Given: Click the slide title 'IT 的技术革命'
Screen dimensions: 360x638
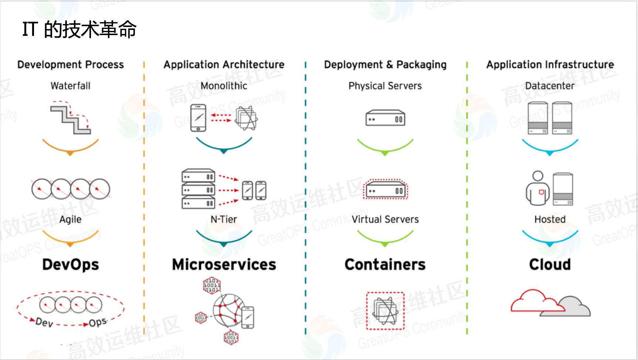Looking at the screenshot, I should click(79, 30).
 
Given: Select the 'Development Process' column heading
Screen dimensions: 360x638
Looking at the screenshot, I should click(71, 65).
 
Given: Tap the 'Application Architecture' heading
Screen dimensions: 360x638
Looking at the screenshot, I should click(224, 65).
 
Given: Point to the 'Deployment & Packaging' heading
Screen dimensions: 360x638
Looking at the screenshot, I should click(385, 65).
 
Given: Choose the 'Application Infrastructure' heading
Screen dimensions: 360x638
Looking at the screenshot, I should click(550, 65).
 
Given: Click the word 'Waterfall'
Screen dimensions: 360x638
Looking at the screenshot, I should click(71, 86).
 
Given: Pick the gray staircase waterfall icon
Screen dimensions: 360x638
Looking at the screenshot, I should click(70, 119).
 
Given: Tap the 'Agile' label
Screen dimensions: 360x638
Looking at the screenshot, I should click(71, 219).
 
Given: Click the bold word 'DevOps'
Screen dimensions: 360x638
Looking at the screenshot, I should click(71, 265).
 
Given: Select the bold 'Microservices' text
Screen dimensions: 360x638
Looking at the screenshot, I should click(224, 265).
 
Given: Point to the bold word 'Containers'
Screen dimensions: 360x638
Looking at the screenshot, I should click(385, 265).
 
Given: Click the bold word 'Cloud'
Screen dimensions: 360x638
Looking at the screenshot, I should click(550, 265).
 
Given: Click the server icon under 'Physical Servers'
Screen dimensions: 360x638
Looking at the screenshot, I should click(385, 118).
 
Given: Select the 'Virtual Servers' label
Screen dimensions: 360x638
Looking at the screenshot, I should click(385, 220).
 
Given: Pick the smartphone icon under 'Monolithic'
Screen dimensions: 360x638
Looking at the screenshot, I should click(198, 118).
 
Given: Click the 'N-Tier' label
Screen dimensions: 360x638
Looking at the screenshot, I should click(224, 220).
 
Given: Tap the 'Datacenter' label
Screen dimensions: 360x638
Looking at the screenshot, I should click(550, 86).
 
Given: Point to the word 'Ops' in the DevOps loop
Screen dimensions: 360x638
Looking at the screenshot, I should click(98, 322).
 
